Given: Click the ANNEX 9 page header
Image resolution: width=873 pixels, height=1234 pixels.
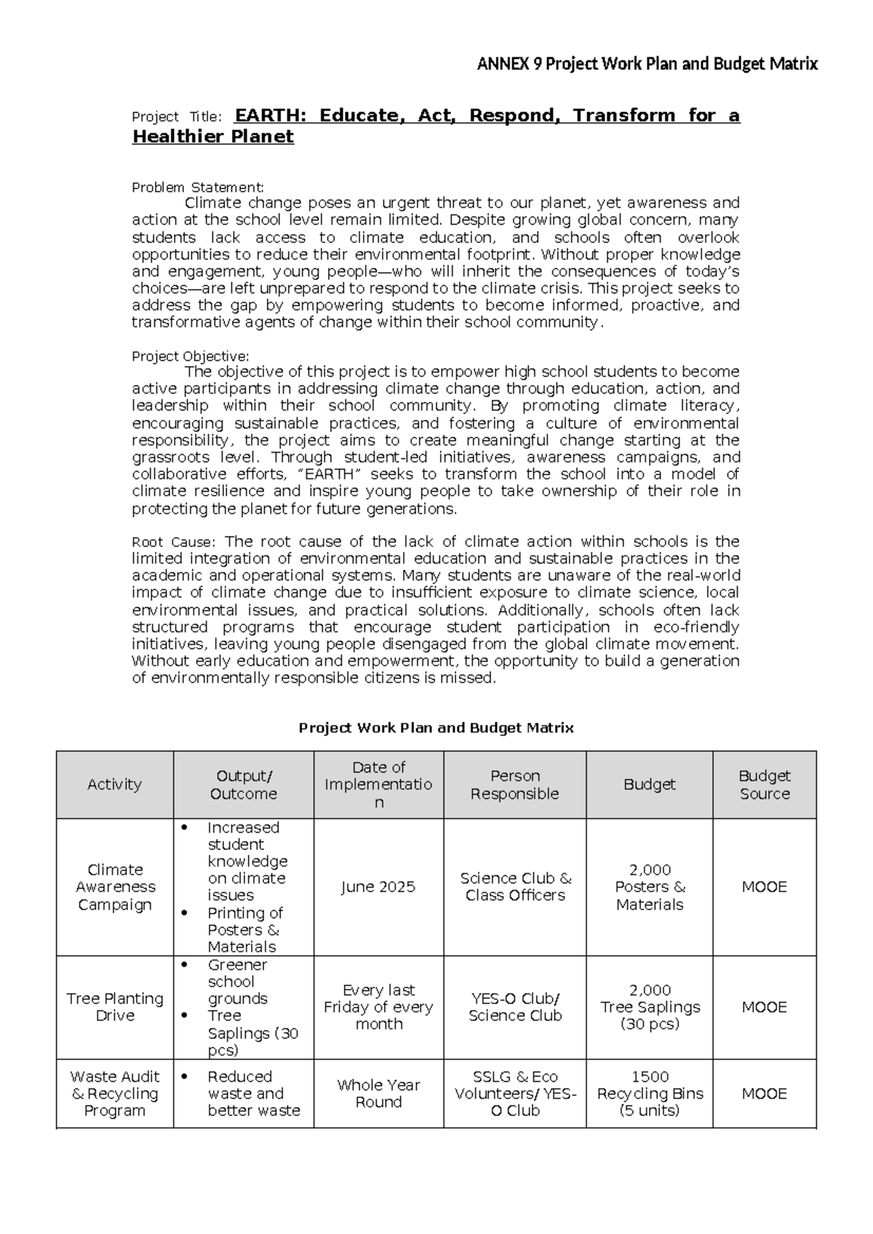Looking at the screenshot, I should point(647,64).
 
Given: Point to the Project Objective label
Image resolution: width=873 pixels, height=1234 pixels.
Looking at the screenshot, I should point(190,356).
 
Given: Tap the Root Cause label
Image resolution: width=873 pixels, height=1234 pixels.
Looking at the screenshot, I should point(173,542).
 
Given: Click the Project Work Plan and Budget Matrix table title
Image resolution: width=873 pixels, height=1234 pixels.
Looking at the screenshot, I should point(436,728).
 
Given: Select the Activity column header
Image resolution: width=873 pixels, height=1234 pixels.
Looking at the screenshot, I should point(114,784).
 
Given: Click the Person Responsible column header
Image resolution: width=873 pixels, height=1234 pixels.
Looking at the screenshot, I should point(514,784).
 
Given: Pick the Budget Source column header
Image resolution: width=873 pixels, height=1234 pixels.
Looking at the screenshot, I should point(764,784).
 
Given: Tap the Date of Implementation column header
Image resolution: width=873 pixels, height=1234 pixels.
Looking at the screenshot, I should point(378,784).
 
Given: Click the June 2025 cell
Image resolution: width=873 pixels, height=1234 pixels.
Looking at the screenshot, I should point(378,887).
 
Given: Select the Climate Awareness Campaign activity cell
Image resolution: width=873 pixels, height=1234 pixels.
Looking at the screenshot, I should point(115,887).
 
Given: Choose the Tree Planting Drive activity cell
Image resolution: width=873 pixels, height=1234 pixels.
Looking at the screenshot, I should point(115,1007).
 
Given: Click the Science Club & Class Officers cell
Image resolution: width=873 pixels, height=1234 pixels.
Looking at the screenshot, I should point(515,887).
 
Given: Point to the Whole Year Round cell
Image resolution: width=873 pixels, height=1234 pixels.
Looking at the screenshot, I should point(378,1094).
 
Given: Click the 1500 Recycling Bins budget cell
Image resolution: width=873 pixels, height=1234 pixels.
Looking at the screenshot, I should point(650,1094).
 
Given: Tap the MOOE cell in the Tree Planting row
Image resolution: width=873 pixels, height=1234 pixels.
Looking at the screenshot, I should point(764,1007).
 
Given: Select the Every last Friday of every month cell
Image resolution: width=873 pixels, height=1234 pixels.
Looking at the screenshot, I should point(378,1007).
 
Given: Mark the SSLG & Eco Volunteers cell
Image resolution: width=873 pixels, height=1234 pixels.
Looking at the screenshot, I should point(515,1094).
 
